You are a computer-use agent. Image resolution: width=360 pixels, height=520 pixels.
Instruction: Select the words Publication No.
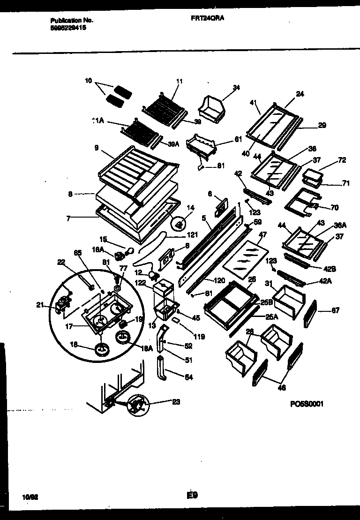72,21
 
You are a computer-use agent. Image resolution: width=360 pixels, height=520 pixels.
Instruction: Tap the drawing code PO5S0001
307,404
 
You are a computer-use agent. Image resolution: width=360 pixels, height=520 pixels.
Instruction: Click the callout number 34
236,87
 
